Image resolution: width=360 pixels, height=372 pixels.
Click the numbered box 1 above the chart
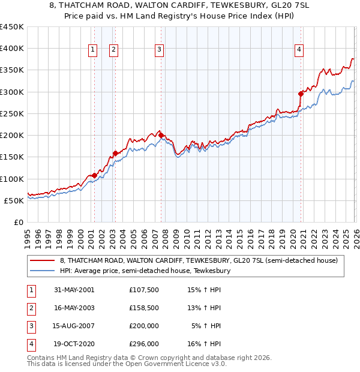pos(94,50)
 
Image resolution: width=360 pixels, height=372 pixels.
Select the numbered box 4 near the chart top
pos(298,50)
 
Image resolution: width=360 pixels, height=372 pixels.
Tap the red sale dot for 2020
pos(301,94)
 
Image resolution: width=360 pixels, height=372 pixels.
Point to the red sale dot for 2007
pos(161,135)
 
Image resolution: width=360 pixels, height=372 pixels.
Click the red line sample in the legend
pos(43,260)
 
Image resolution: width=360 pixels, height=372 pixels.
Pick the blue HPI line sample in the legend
pos(43,271)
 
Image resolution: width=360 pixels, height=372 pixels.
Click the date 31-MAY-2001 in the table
pos(74,290)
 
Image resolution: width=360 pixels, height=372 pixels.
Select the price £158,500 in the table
pos(143,308)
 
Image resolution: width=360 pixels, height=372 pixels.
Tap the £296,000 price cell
pos(143,344)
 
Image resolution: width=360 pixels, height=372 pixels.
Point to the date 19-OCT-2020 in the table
pos(74,344)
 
